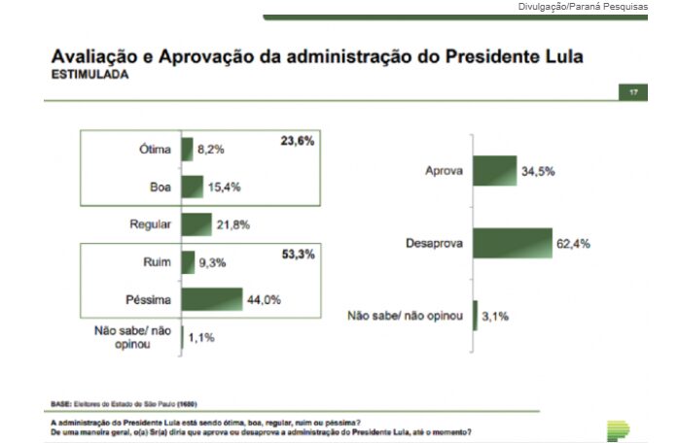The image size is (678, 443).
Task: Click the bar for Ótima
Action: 187,150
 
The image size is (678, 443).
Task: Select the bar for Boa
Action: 192,186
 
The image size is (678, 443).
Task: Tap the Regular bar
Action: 196,224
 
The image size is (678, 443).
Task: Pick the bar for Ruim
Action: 188,261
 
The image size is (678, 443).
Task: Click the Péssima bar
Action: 211,298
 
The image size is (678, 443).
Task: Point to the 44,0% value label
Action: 264,299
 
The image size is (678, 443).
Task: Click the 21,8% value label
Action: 232,224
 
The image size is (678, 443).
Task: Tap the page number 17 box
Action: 632,92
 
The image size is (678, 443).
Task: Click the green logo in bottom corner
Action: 618,428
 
